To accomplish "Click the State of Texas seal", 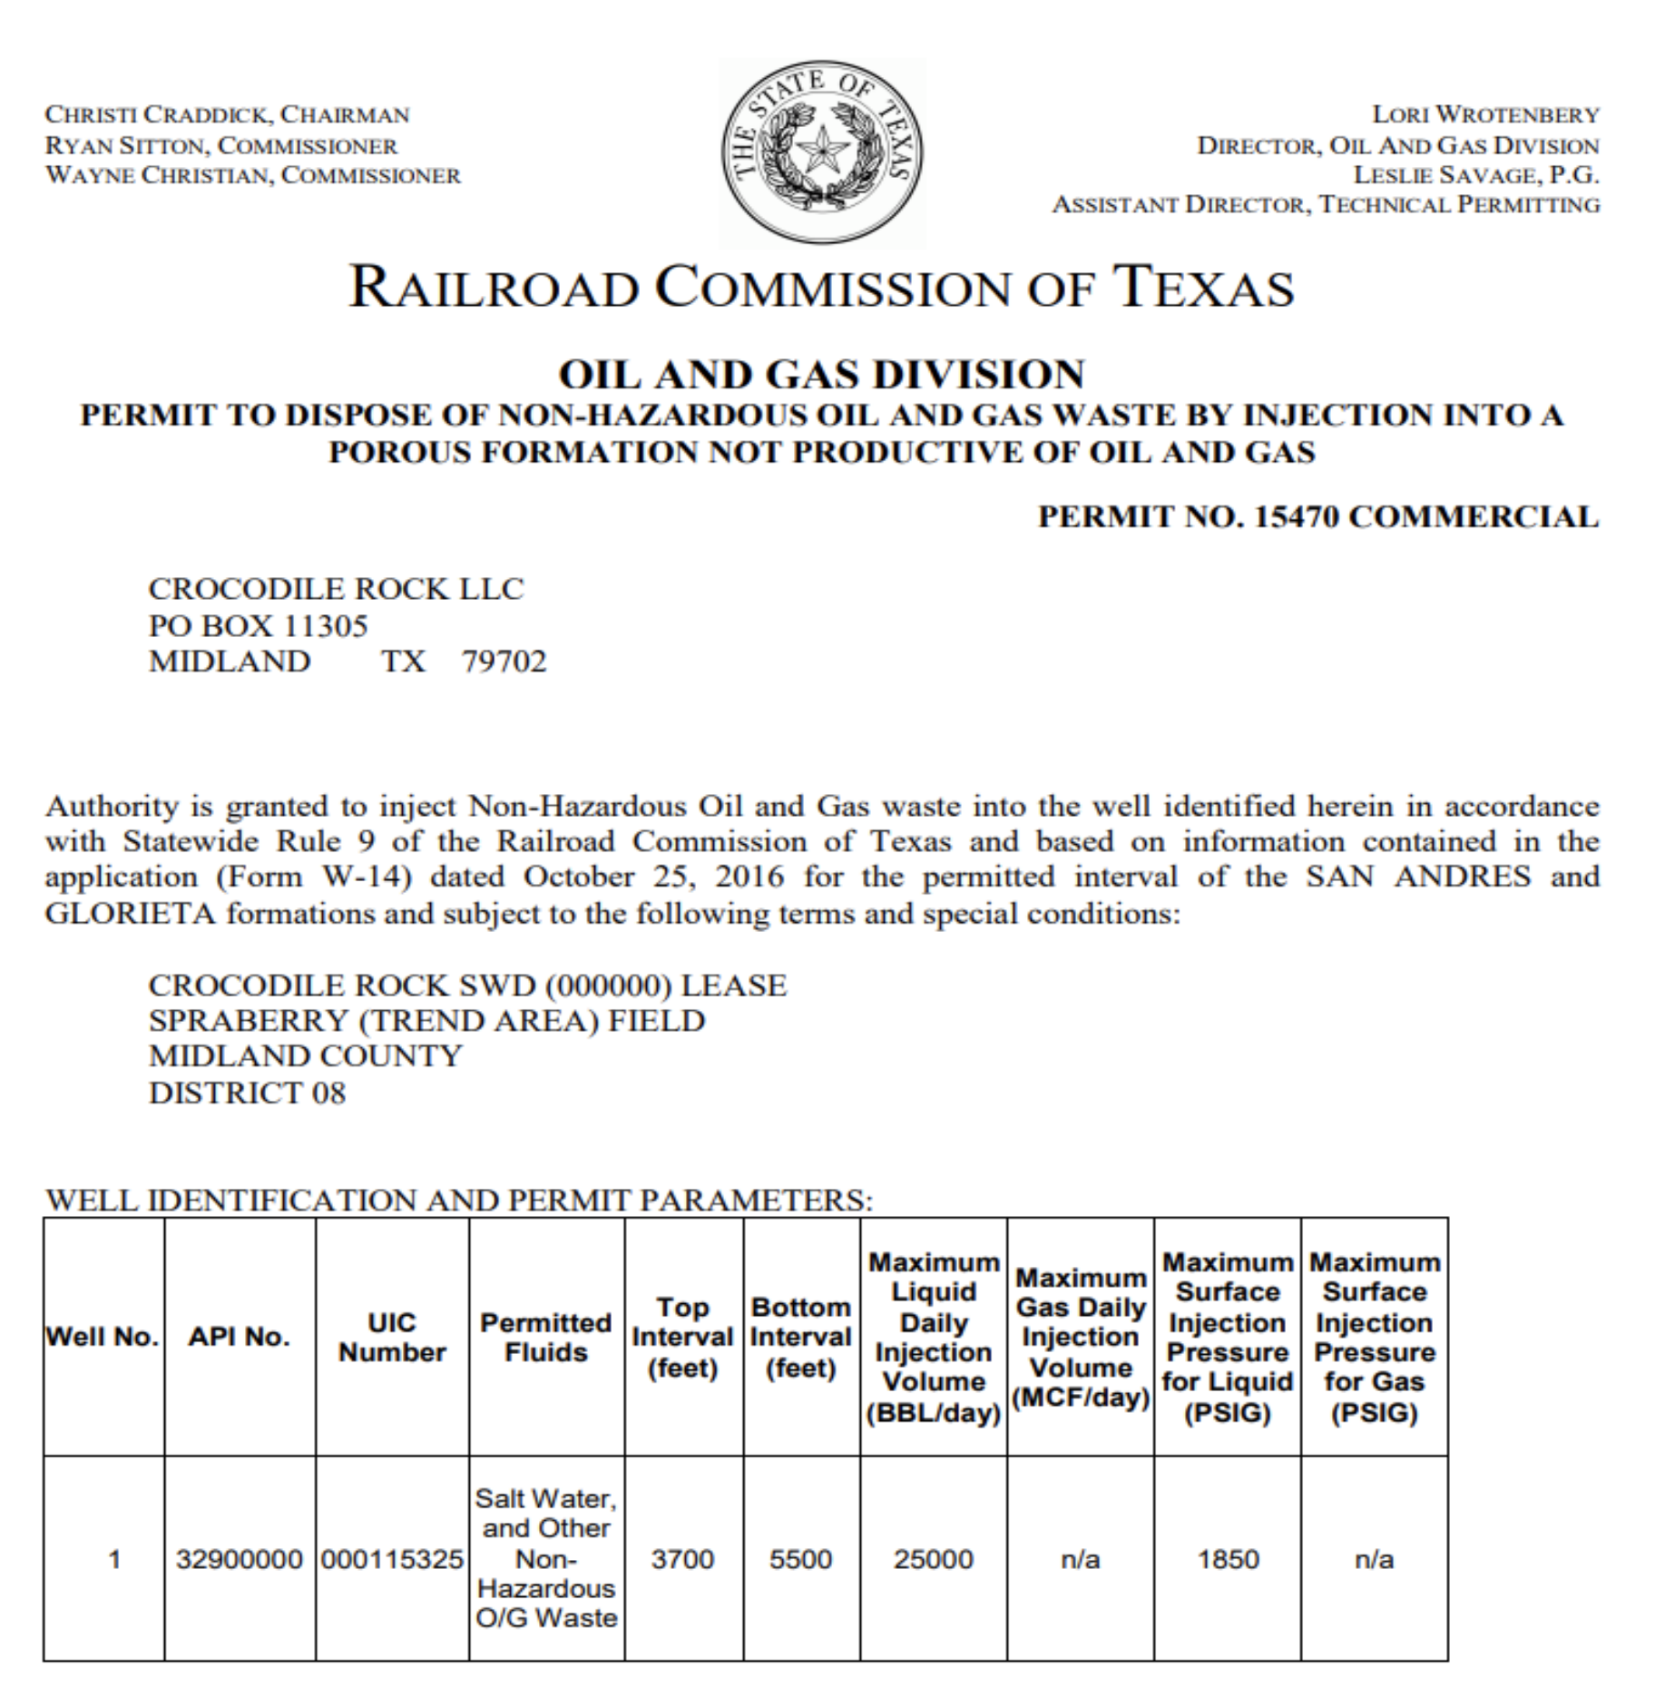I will click(x=822, y=152).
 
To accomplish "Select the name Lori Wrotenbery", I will click(x=1484, y=115).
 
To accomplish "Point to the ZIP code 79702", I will click(x=504, y=662).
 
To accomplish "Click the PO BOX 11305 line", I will click(x=258, y=626).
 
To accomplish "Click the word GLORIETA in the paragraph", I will click(x=131, y=913).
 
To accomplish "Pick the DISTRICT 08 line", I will click(x=247, y=1093).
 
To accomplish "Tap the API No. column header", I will click(x=239, y=1337).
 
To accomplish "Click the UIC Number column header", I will click(x=392, y=1337).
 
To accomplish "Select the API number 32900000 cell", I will click(x=239, y=1559).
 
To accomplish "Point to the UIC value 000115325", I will click(x=392, y=1559).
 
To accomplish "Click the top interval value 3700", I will click(x=682, y=1559).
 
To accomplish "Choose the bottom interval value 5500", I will click(x=800, y=1559).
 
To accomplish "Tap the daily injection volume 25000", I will click(x=933, y=1559).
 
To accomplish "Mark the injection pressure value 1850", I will click(x=1228, y=1559).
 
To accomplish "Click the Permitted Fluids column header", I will click(x=546, y=1337).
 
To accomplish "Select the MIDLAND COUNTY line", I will click(x=305, y=1056).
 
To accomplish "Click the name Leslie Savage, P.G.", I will click(x=1475, y=175).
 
